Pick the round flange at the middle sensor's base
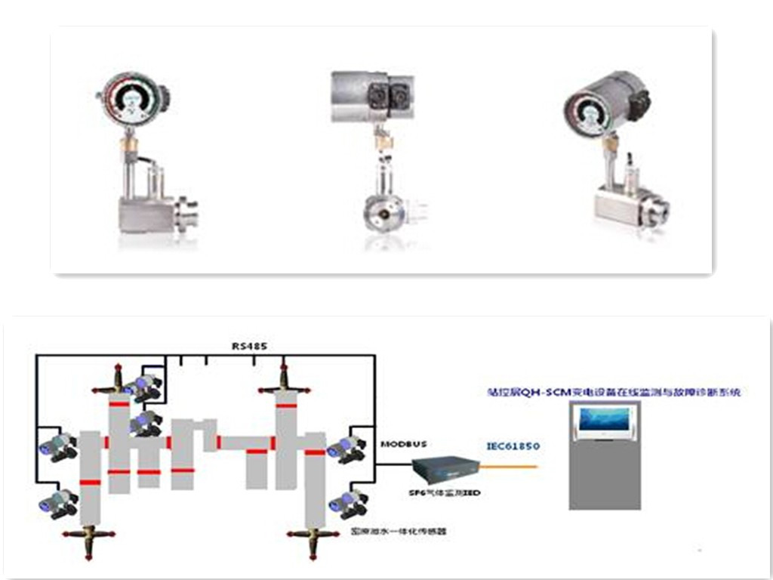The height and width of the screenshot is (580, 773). (381, 214)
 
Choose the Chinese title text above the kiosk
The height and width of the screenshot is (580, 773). (612, 392)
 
